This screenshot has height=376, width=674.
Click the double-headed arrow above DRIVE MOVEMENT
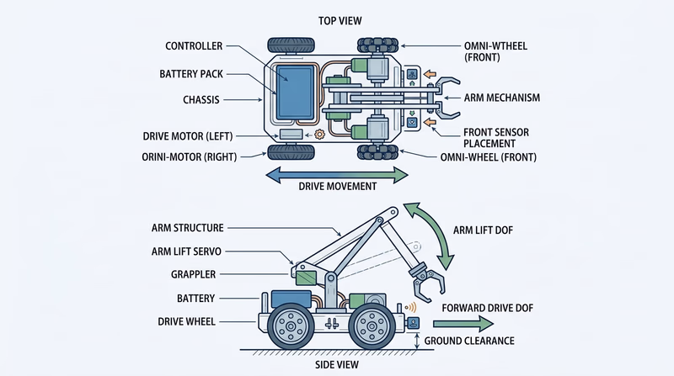(336, 174)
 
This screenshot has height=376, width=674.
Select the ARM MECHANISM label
(505, 98)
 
